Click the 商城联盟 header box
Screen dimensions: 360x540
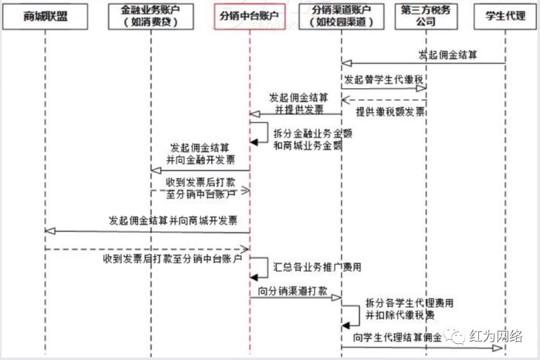click(45, 17)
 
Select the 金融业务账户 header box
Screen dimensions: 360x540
click(150, 17)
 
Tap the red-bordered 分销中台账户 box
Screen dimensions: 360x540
click(249, 17)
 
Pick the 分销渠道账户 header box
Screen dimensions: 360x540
click(341, 17)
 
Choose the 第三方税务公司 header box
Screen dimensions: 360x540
click(426, 17)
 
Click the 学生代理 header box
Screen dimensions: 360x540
click(505, 17)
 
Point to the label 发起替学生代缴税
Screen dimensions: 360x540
click(384, 79)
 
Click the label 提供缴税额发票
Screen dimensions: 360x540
click(390, 112)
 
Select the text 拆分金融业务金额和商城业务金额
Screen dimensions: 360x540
click(307, 141)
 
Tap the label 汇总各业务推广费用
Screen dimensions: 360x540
click(317, 267)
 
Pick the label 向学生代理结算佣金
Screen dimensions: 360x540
click(397, 338)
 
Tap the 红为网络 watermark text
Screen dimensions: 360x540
click(495, 337)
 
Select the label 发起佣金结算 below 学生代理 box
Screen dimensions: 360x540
click(447, 55)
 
